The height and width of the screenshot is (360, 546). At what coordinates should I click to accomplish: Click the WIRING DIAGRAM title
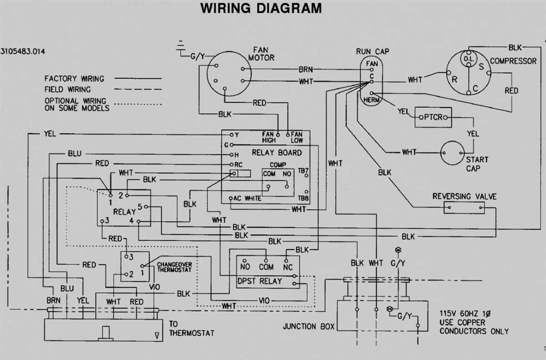(x=262, y=9)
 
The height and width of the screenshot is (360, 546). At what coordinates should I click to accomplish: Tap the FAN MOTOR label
(x=261, y=54)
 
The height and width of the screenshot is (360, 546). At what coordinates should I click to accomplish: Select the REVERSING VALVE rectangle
(x=464, y=208)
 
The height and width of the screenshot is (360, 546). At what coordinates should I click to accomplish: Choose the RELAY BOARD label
(x=277, y=153)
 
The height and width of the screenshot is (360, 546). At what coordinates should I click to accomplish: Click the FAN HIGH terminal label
(x=268, y=137)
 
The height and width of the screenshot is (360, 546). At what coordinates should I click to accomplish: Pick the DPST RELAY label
(x=260, y=281)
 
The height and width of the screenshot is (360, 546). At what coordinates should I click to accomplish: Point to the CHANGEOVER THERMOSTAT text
(x=174, y=267)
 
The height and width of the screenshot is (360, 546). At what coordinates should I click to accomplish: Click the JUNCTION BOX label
(x=308, y=326)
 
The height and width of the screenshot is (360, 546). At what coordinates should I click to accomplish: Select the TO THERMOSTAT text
(x=191, y=328)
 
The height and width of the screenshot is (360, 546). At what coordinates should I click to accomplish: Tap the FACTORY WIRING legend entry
(x=74, y=79)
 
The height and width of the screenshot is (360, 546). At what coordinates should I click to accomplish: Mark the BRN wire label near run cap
(x=305, y=70)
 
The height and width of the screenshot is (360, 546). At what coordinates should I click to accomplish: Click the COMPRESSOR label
(x=513, y=61)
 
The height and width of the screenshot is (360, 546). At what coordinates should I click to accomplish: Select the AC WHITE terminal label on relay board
(x=248, y=198)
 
